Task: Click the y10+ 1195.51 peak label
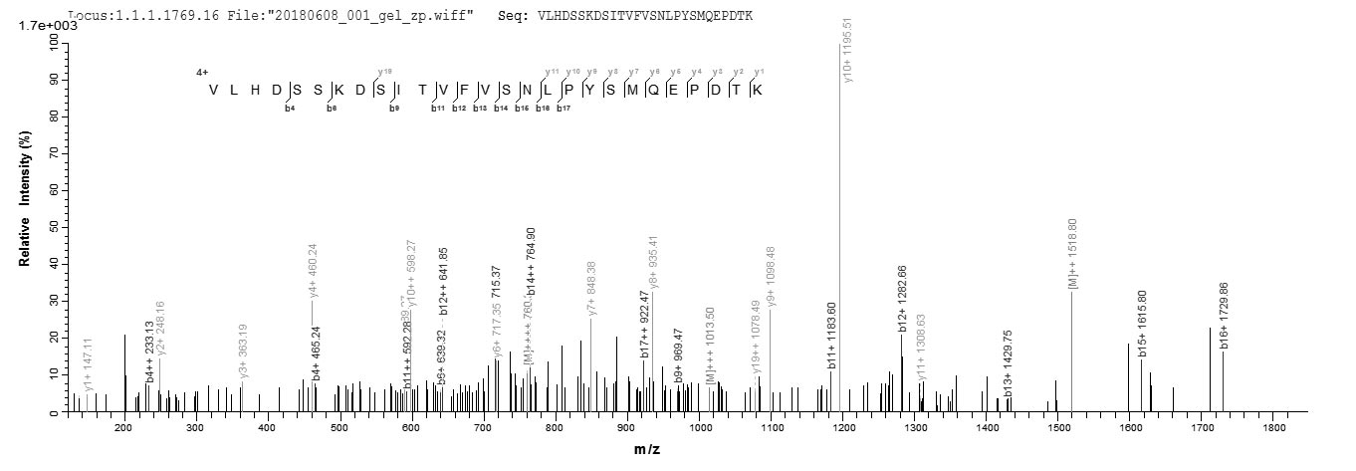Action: (848, 49)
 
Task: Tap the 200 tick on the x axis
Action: (123, 428)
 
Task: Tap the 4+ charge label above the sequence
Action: (202, 71)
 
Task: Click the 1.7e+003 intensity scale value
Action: (40, 26)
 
